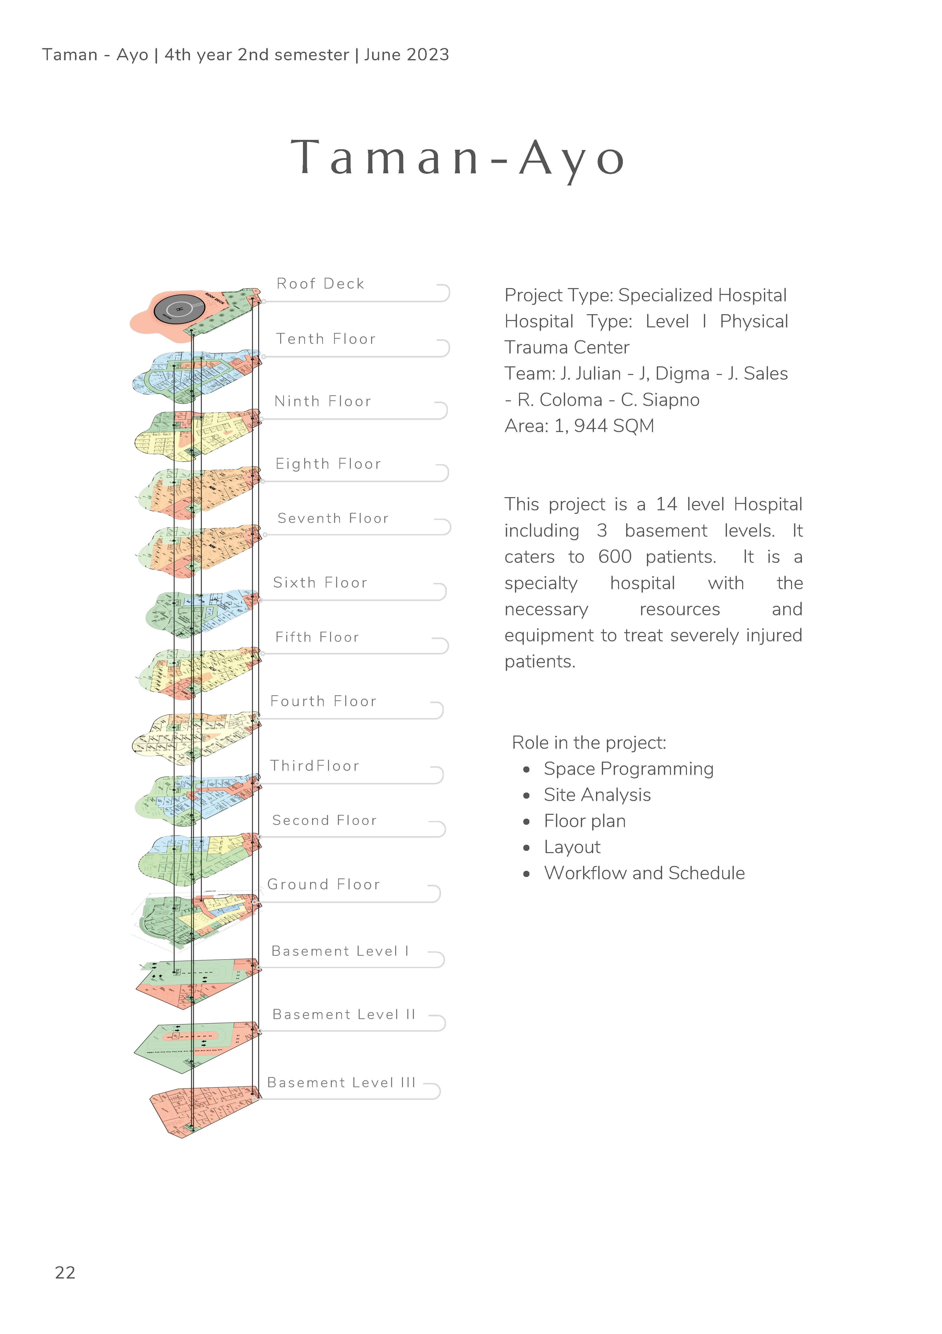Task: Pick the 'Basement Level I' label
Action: click(x=340, y=951)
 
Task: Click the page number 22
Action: click(x=65, y=1273)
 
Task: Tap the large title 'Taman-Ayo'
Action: click(x=458, y=158)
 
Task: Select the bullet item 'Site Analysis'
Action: click(x=597, y=795)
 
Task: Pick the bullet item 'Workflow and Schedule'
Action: click(x=644, y=873)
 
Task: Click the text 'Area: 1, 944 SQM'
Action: click(x=579, y=426)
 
